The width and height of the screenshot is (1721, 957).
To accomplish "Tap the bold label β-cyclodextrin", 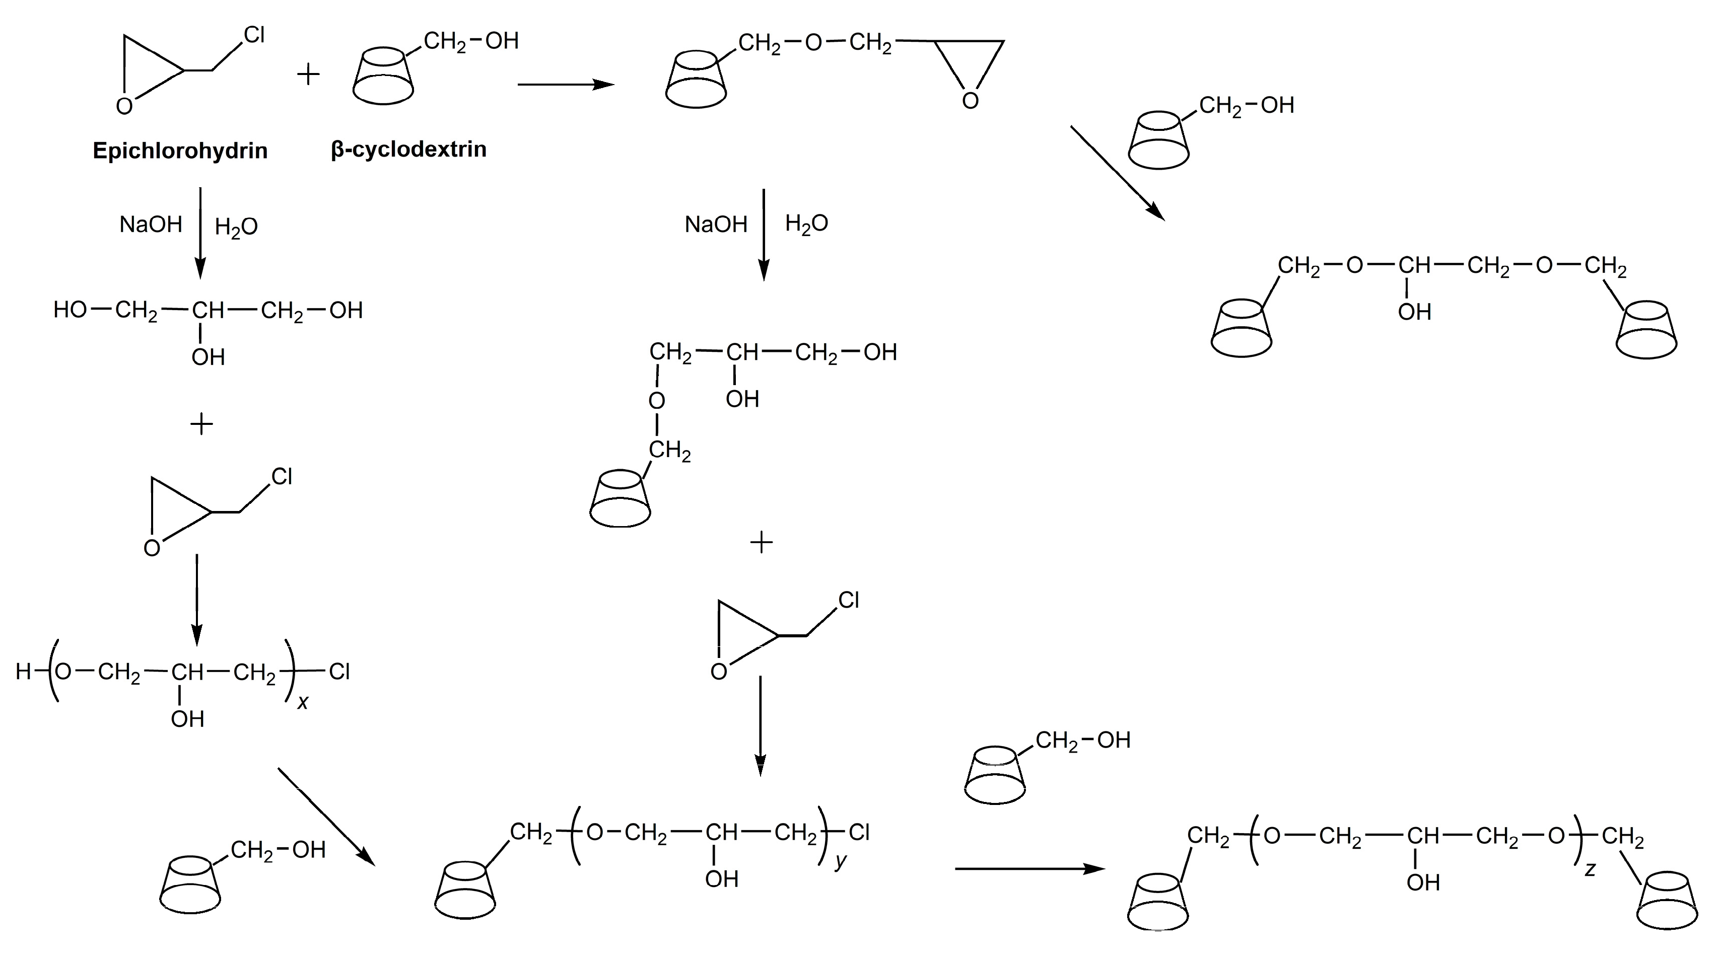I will [x=408, y=150].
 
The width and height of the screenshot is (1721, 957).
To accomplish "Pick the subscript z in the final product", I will [x=1590, y=869].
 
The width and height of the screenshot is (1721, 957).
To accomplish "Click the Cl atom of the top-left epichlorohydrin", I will [x=254, y=35].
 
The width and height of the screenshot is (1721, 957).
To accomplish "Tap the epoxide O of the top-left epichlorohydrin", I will [x=124, y=107].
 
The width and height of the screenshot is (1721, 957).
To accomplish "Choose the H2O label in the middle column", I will [x=806, y=224].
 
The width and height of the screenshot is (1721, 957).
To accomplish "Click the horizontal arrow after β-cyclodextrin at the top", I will [x=565, y=85].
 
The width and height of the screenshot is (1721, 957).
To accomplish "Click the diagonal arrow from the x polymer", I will [x=325, y=816].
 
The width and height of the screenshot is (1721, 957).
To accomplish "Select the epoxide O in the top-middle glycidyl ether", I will [x=970, y=101].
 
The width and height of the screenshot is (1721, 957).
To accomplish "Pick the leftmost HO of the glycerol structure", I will [x=70, y=310].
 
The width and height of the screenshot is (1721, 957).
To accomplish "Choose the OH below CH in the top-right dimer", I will [x=1414, y=312].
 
